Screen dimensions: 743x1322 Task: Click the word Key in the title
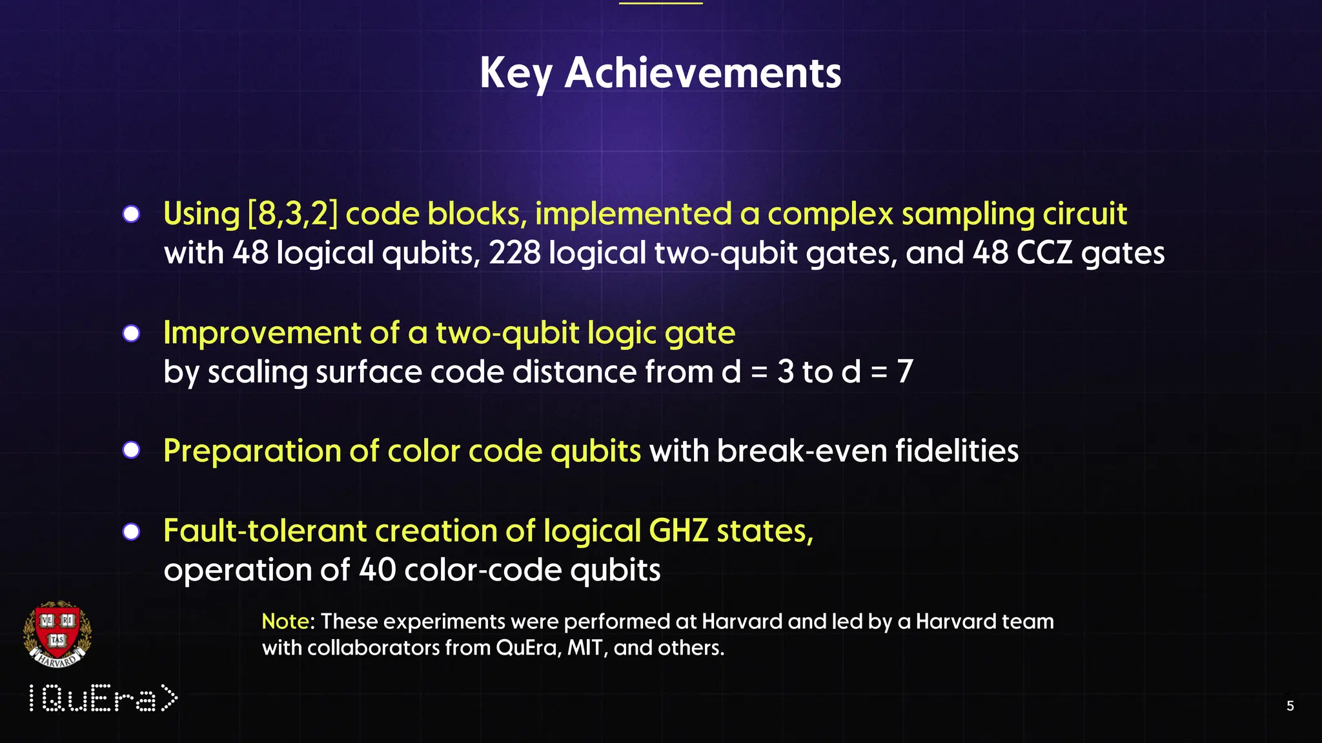pyautogui.click(x=515, y=73)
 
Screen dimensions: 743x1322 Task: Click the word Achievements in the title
pyautogui.click(x=702, y=73)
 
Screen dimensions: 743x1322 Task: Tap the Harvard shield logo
pyautogui.click(x=57, y=634)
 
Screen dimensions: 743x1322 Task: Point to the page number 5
pyautogui.click(x=1290, y=706)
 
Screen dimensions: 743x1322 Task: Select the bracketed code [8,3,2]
pyautogui.click(x=292, y=213)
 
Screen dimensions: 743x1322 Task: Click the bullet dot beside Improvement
pyautogui.click(x=131, y=333)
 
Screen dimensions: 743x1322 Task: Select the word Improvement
pyautogui.click(x=261, y=333)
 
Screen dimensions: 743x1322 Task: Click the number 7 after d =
pyautogui.click(x=905, y=371)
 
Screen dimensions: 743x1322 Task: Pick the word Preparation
pyautogui.click(x=252, y=451)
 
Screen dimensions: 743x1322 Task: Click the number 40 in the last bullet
pyautogui.click(x=377, y=570)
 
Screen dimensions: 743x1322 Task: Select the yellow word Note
pyautogui.click(x=285, y=621)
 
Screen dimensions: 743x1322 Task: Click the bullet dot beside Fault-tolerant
pyautogui.click(x=131, y=531)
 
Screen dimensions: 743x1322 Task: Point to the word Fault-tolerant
pyautogui.click(x=265, y=531)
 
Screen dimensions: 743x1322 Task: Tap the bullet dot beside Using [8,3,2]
pyautogui.click(x=131, y=214)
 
